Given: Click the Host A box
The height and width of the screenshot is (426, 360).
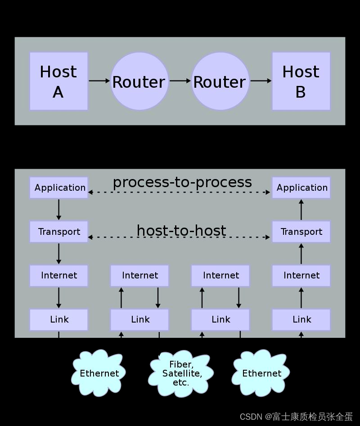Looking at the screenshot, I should click(58, 81).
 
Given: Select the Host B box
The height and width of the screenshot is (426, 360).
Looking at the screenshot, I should click(301, 81).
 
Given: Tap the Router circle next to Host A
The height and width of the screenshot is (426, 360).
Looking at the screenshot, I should click(139, 81).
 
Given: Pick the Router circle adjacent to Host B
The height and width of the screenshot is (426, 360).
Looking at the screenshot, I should click(220, 81).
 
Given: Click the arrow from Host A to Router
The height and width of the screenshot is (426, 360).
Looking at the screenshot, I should click(99, 81).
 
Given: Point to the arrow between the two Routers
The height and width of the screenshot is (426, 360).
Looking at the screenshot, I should click(180, 81).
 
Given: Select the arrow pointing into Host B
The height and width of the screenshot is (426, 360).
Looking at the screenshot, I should click(261, 81).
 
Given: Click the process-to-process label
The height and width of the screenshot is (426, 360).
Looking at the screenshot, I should click(182, 182).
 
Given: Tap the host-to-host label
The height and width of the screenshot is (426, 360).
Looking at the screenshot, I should click(181, 230).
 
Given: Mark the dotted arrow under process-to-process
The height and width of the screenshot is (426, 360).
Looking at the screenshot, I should click(180, 193).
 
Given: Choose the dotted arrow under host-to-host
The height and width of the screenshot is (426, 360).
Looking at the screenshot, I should click(180, 237).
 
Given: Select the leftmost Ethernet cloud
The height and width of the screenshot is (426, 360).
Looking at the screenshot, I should click(99, 373).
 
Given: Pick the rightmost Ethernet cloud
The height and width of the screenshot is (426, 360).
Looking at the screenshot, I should click(261, 373).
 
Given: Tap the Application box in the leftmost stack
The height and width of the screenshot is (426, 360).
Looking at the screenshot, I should click(59, 188).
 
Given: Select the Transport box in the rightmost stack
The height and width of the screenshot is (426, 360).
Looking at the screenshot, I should click(301, 232).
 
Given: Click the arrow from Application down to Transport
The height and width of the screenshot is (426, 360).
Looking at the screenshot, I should click(59, 210).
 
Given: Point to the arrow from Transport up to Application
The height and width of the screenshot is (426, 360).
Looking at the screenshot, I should click(301, 210).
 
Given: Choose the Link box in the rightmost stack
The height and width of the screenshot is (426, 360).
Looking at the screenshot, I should click(301, 319).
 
